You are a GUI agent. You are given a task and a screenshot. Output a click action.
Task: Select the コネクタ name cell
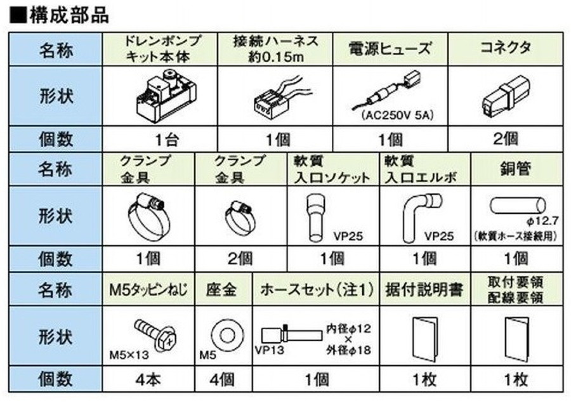(504, 48)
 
